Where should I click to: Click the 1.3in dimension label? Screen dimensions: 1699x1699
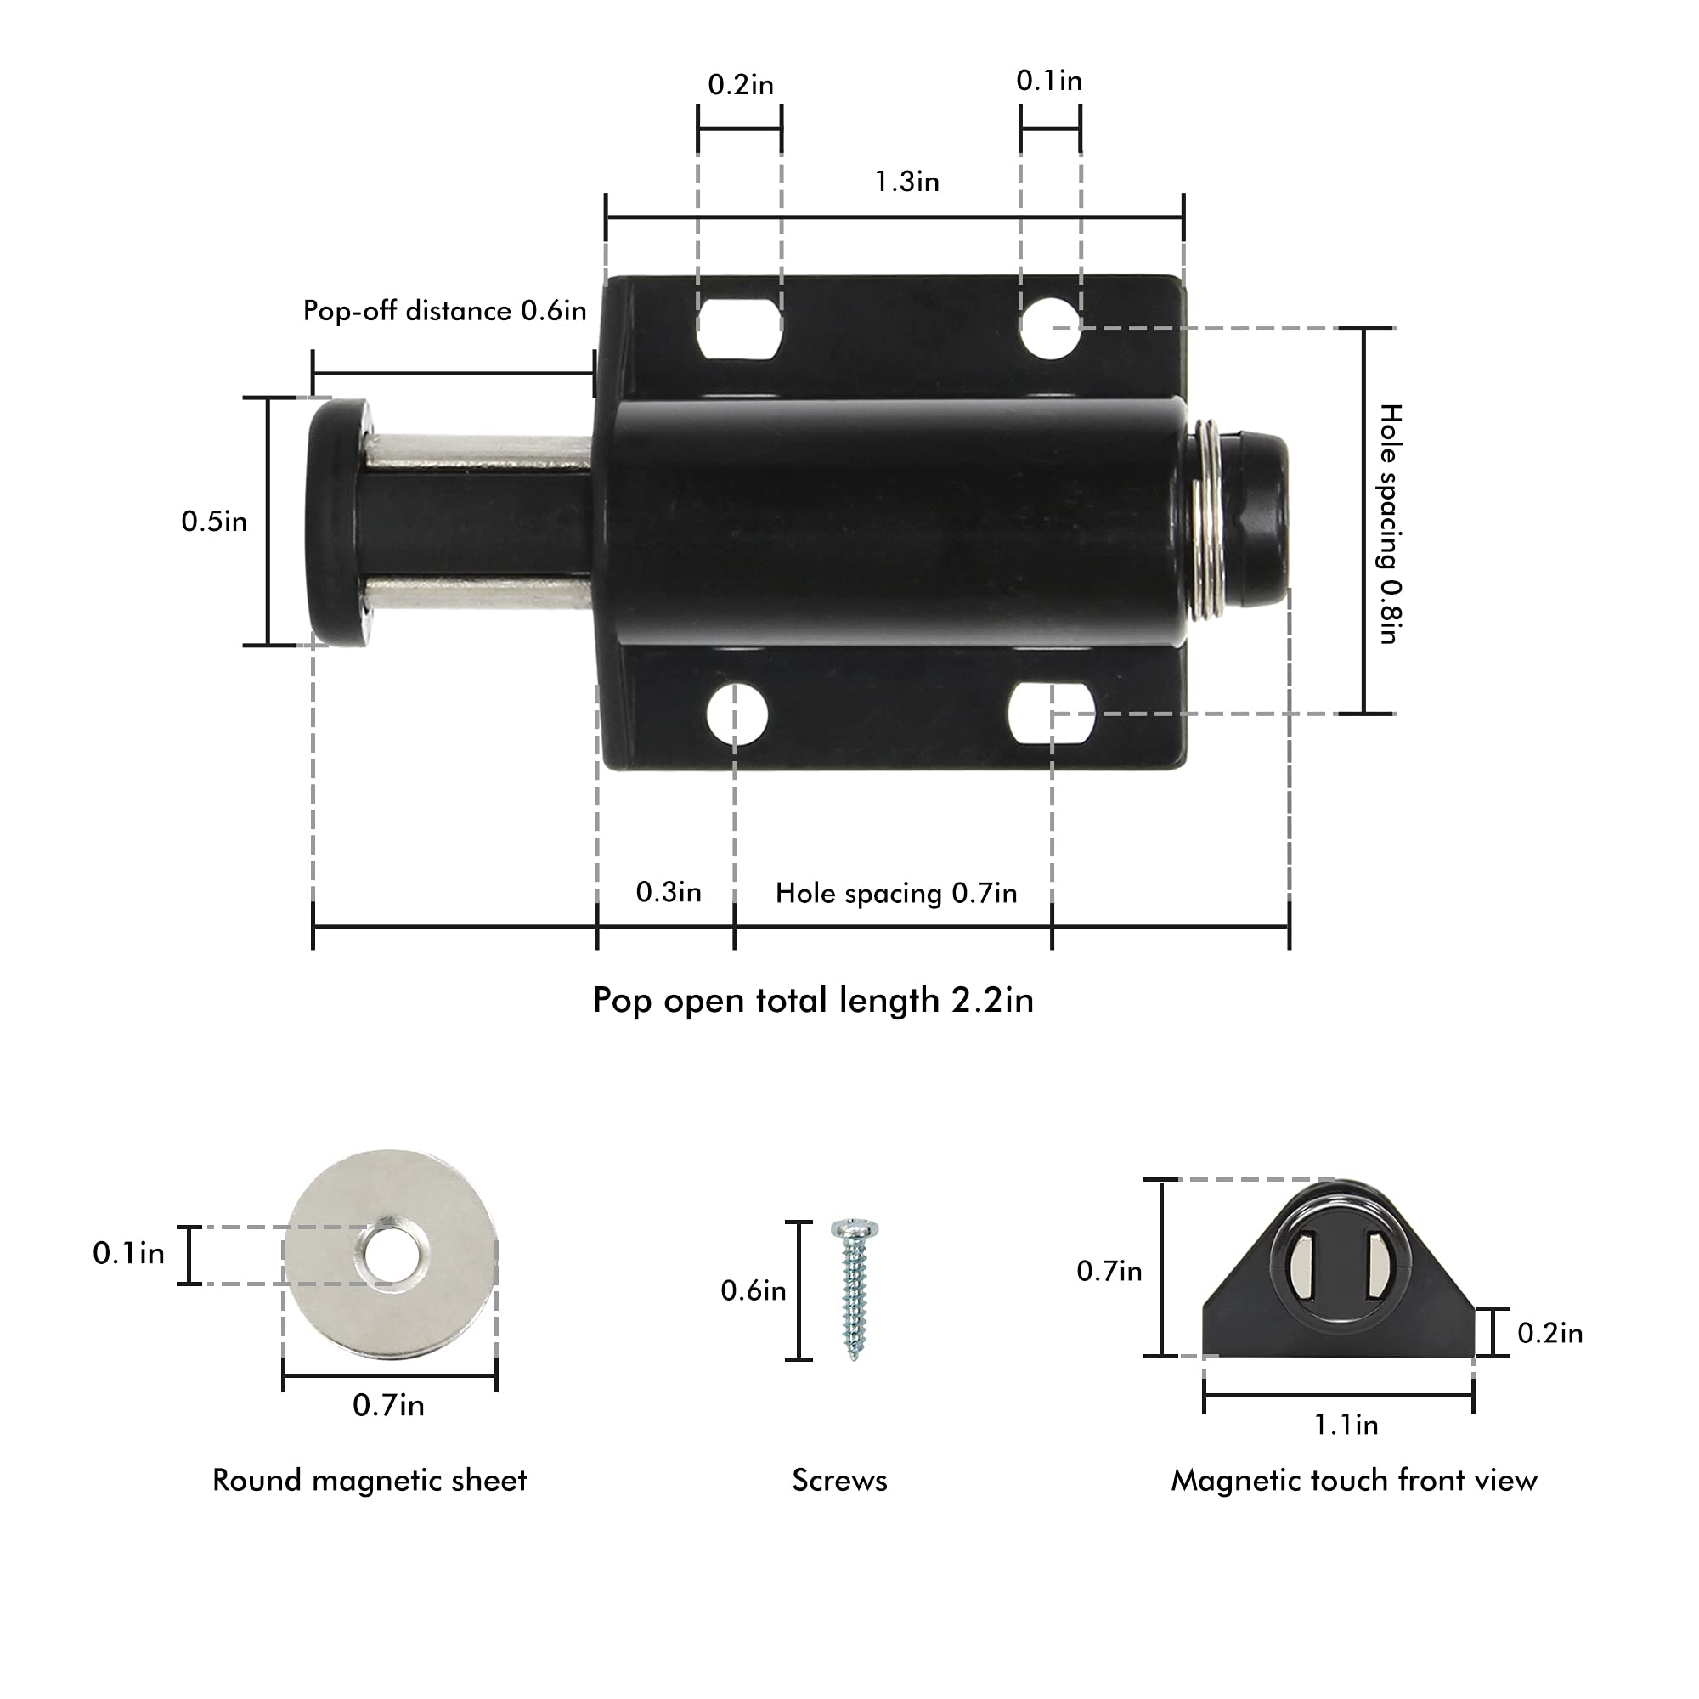point(906,182)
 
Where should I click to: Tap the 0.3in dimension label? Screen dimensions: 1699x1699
point(669,893)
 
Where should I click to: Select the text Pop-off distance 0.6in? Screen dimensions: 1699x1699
point(444,310)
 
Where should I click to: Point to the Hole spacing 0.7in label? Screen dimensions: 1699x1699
point(895,894)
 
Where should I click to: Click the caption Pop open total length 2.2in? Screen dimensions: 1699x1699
point(813,1001)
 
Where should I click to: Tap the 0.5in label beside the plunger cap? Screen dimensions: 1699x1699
point(214,522)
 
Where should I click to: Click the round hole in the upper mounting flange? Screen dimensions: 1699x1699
point(1049,328)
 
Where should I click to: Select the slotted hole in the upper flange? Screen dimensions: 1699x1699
point(740,329)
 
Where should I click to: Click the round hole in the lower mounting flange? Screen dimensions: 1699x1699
point(737,714)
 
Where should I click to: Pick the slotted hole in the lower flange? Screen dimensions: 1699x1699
point(1051,714)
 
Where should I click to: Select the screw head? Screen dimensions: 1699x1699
point(855,1228)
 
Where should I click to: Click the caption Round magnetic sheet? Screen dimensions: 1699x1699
point(370,1481)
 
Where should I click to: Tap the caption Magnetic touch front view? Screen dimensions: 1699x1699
point(1353,1481)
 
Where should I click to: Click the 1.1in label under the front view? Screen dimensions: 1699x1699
point(1346,1425)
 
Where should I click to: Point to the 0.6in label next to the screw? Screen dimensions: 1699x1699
point(753,1291)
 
